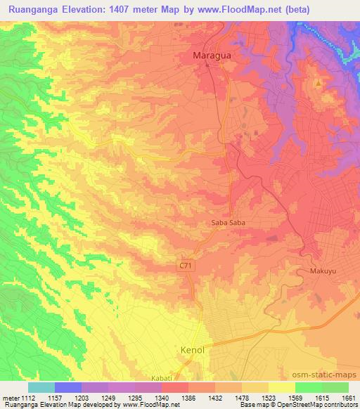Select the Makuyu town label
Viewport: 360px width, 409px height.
[324, 271]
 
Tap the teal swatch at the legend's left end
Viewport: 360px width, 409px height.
[41, 387]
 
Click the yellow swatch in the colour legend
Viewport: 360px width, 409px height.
[281, 387]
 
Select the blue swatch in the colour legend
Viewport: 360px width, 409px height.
[68, 387]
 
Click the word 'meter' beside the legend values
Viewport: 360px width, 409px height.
[10, 397]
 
